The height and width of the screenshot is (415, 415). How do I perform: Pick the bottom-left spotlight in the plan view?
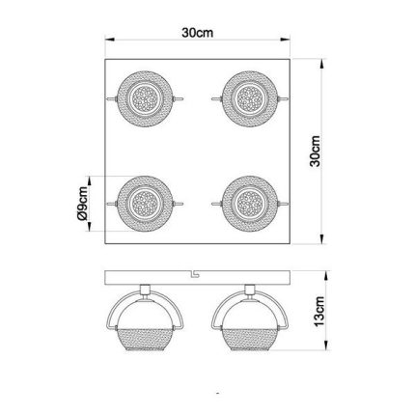pos(146,204)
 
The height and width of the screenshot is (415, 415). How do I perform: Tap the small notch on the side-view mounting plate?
pos(195,274)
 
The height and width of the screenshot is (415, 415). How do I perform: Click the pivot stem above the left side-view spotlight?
pos(146,289)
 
